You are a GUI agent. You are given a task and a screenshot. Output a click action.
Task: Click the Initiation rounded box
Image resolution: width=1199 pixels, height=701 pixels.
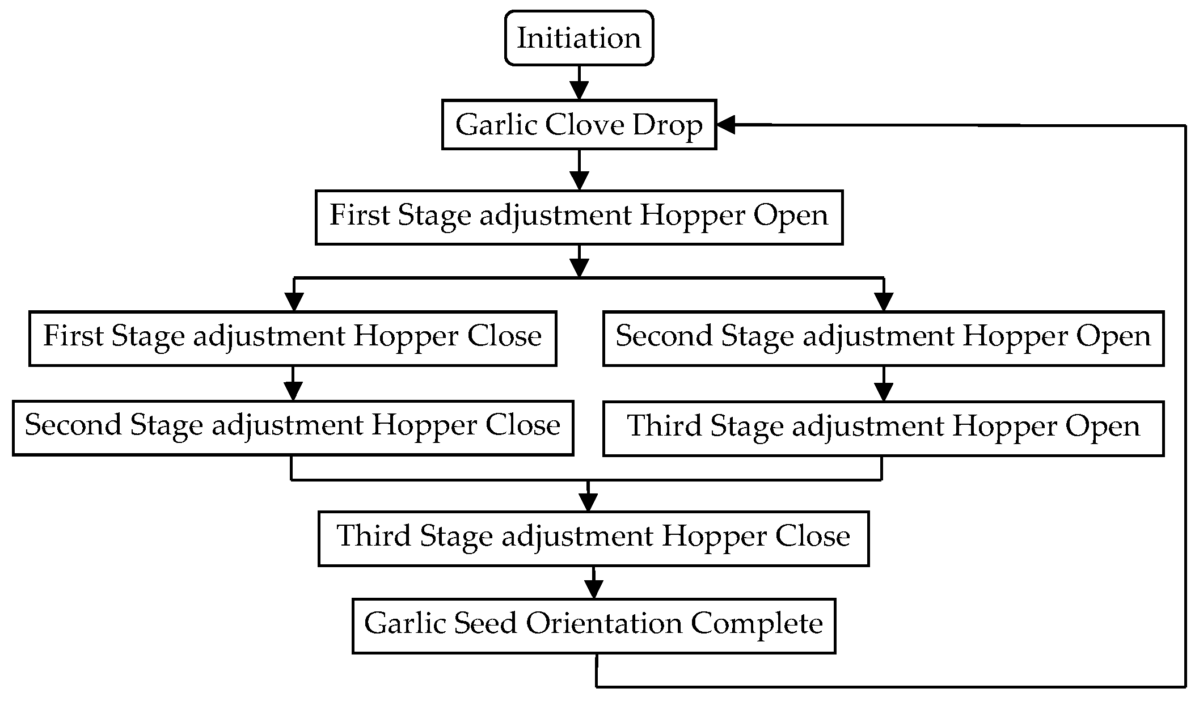(x=579, y=38)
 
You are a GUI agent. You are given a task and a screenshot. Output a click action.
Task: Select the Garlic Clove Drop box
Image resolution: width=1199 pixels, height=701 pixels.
(x=579, y=125)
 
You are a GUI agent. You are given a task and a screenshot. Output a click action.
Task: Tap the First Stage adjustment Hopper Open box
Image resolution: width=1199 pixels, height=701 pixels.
(x=579, y=217)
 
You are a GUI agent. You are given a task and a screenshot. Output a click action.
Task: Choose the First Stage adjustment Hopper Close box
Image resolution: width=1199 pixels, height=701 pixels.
(x=293, y=338)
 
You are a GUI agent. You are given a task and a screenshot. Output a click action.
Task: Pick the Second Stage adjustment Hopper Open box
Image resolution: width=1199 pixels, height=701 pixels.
(x=883, y=338)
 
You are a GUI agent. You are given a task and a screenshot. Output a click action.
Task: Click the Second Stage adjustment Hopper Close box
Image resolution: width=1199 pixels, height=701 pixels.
(x=293, y=428)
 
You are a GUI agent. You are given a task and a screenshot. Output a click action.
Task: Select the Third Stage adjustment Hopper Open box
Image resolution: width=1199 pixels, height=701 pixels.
(x=883, y=428)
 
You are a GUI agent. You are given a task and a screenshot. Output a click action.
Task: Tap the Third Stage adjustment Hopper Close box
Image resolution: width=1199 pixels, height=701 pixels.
(x=593, y=538)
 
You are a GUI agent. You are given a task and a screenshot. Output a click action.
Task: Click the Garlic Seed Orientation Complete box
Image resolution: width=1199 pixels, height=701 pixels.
(x=593, y=626)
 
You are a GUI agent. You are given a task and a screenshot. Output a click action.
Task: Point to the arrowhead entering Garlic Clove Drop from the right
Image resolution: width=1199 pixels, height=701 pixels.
(x=726, y=125)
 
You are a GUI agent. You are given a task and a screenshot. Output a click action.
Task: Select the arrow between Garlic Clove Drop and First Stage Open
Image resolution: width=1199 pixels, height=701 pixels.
(x=579, y=170)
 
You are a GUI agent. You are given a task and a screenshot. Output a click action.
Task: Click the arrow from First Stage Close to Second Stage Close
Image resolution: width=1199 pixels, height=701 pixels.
(x=293, y=384)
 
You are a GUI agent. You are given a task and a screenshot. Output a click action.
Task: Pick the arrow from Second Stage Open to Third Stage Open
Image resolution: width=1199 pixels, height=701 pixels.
(x=884, y=384)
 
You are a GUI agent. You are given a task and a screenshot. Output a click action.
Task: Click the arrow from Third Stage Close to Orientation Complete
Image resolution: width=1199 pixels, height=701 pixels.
(x=593, y=583)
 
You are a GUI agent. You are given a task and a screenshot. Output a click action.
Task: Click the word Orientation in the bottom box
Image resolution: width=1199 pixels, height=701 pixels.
(x=603, y=624)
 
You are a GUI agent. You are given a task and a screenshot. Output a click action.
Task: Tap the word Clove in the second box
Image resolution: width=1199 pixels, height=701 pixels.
(x=584, y=125)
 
